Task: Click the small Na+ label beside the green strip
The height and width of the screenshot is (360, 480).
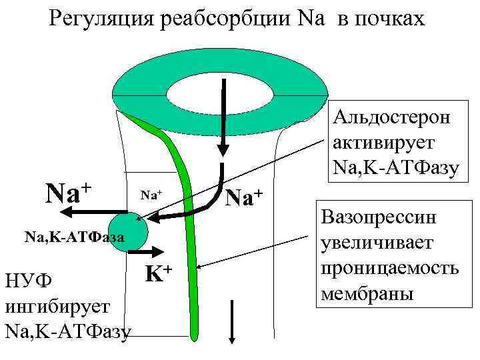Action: pyautogui.click(x=151, y=195)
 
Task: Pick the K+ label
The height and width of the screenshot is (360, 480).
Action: pyautogui.click(x=159, y=273)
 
